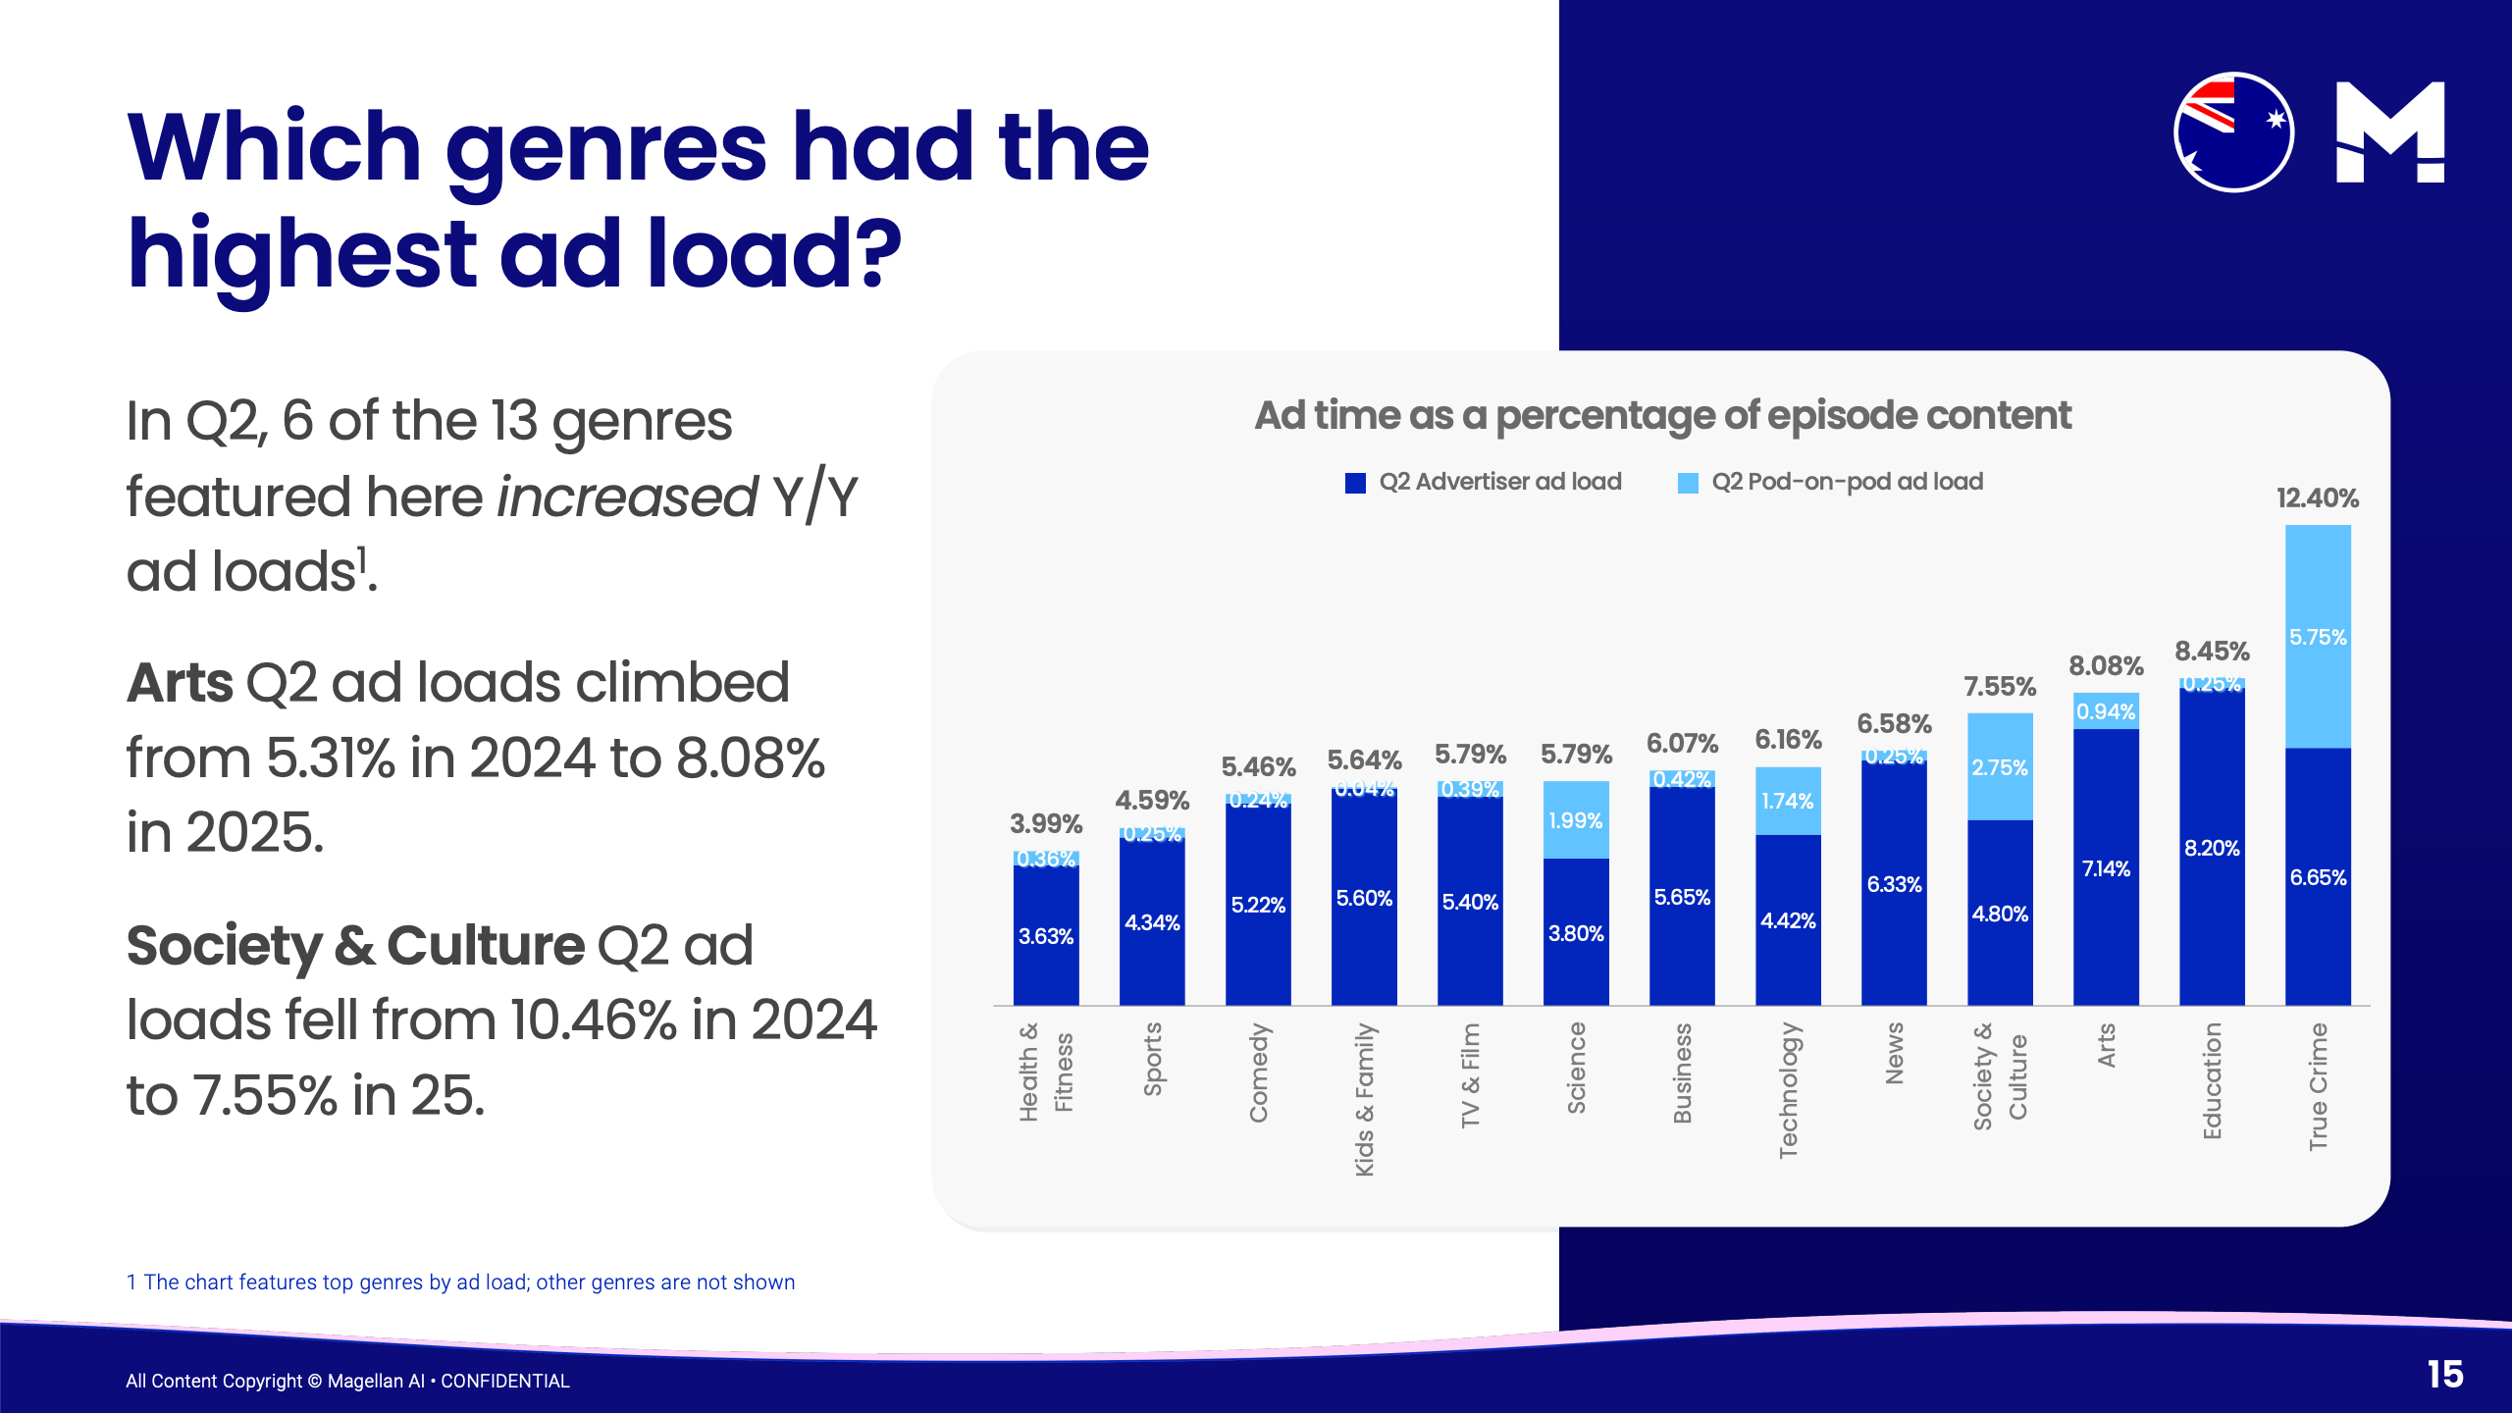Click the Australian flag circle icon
click(x=2233, y=132)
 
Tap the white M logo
click(x=2389, y=132)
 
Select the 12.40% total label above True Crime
click(x=2317, y=498)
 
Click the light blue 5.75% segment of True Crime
click(x=2318, y=637)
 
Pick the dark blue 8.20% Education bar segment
click(x=2212, y=848)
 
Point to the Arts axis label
click(x=2106, y=1045)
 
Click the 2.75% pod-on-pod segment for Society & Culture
click(x=2000, y=767)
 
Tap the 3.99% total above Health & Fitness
click(x=1046, y=823)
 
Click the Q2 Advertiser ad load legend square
click(x=1355, y=483)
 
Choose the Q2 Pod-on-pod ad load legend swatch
click(x=1688, y=483)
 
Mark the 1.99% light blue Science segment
click(x=1576, y=820)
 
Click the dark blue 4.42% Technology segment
click(x=1788, y=920)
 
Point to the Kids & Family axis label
click(x=1364, y=1099)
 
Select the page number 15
click(x=2445, y=1374)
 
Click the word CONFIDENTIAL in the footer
click(x=505, y=1381)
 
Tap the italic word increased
click(x=627, y=497)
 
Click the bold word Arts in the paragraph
click(x=180, y=683)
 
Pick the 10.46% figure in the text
click(x=594, y=1020)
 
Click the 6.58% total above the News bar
click(x=1894, y=724)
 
